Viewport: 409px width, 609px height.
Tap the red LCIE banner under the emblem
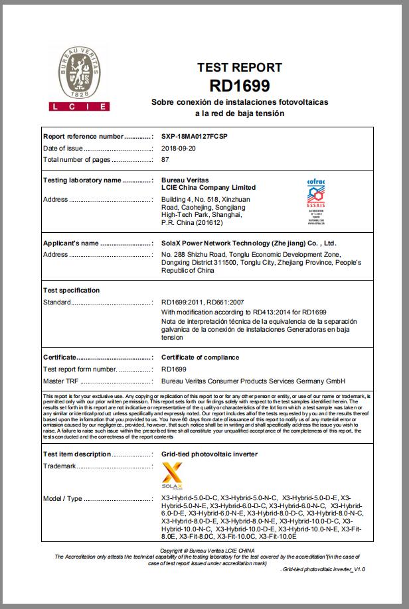(x=79, y=106)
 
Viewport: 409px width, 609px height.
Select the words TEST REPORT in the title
(x=239, y=68)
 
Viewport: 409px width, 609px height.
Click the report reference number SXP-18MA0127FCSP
(x=195, y=136)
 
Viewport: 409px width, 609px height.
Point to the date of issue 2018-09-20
(x=179, y=148)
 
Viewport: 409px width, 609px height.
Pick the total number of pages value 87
(x=165, y=160)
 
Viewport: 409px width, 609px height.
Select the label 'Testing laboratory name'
(x=82, y=180)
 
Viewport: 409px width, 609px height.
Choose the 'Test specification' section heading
(x=71, y=291)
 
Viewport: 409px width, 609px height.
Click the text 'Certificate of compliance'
(x=200, y=358)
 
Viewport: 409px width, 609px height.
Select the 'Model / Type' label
(x=62, y=498)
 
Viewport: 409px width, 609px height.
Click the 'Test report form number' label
(x=80, y=370)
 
